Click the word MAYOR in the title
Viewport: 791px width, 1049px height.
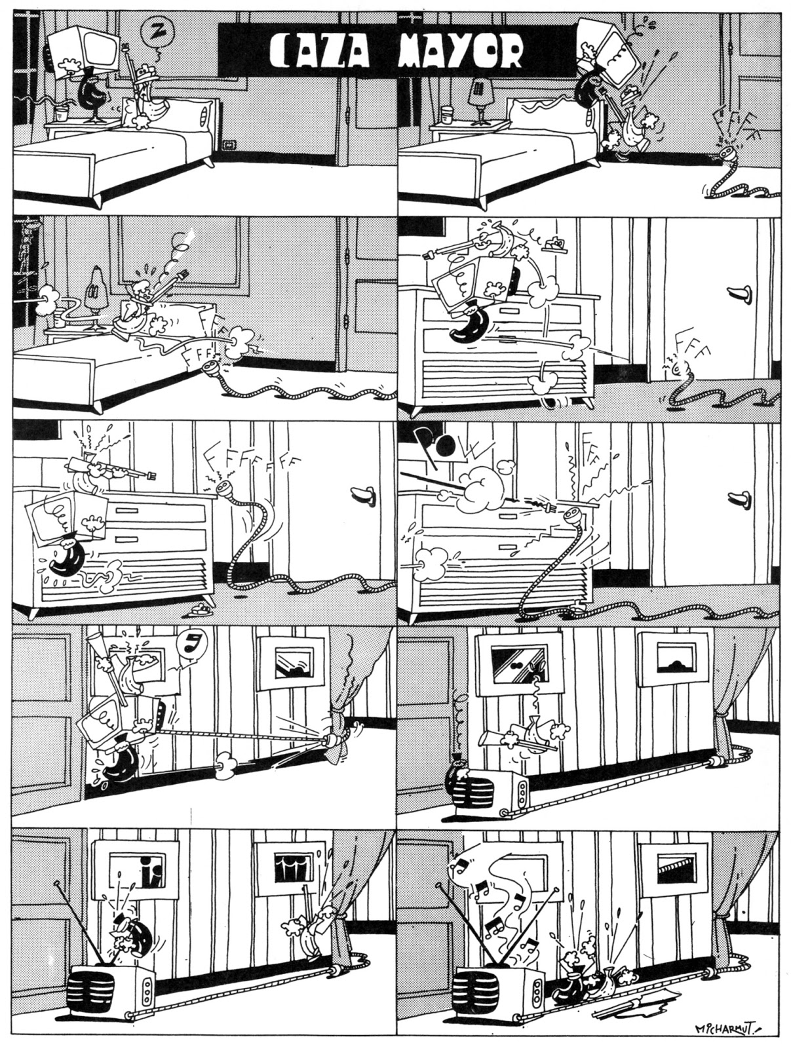tap(460, 50)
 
